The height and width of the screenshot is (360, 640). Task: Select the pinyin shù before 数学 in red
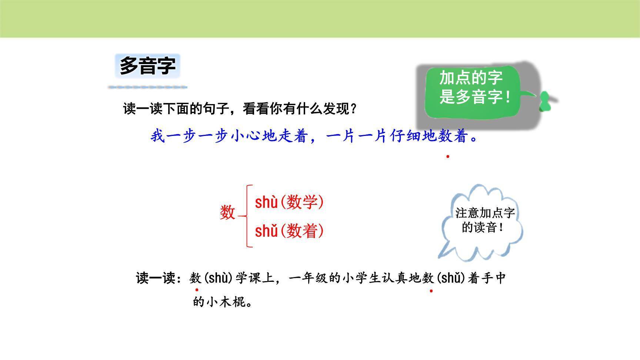266,203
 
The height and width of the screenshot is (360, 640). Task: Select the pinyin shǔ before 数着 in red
266,231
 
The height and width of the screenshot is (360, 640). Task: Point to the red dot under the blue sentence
448,157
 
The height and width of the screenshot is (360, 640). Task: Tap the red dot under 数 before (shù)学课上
197,290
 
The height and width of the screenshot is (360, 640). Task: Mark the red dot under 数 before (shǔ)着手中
431,291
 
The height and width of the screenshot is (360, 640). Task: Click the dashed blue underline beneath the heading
148,87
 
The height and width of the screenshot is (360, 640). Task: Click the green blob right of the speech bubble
545,101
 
